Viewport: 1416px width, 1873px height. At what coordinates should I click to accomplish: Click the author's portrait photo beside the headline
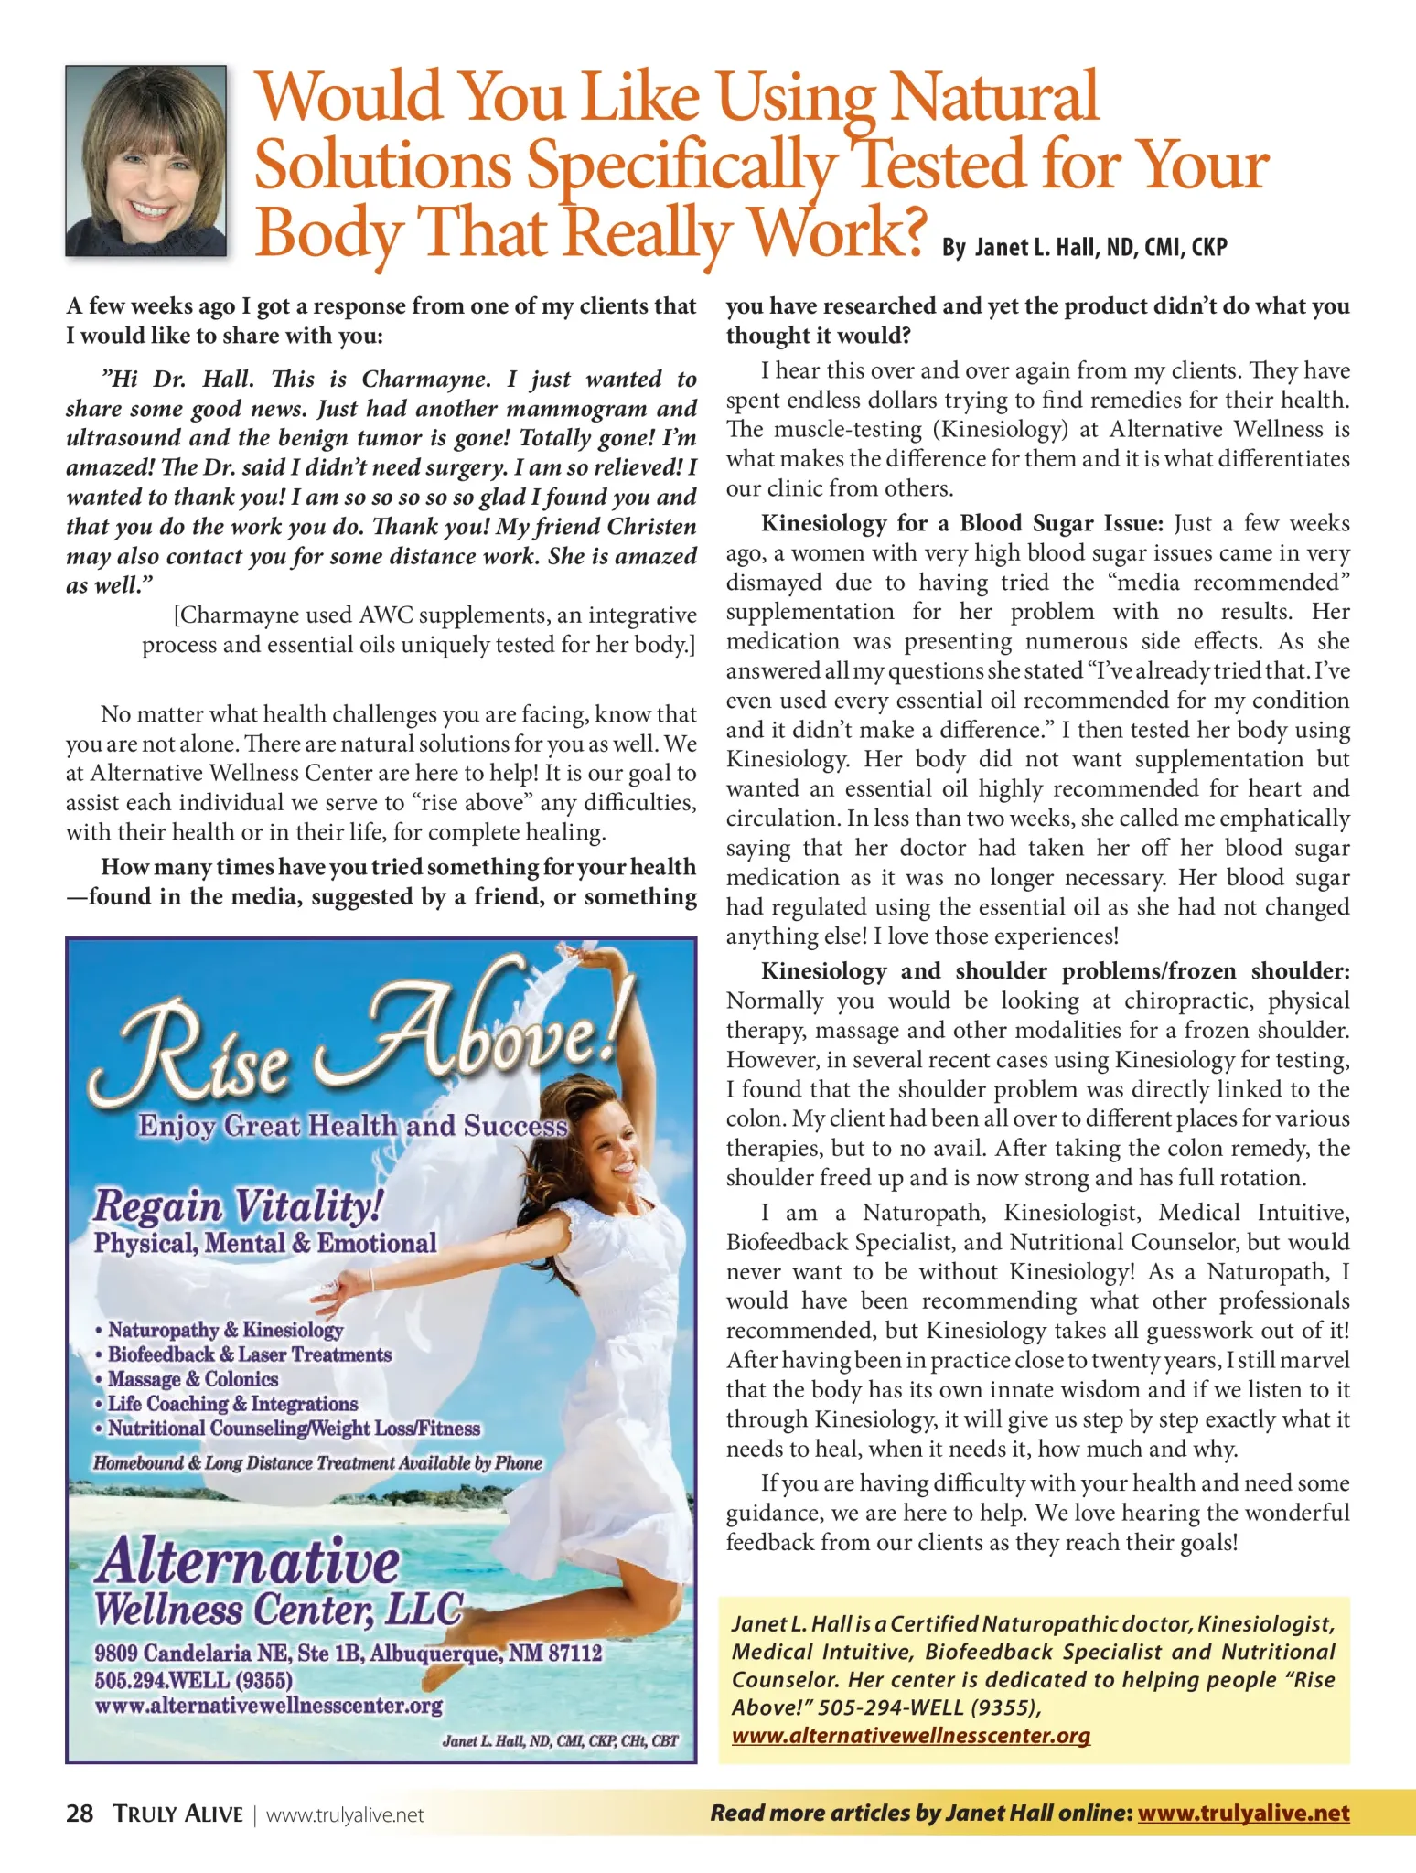click(x=145, y=161)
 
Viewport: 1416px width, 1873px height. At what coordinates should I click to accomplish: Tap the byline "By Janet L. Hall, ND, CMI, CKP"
click(x=1084, y=248)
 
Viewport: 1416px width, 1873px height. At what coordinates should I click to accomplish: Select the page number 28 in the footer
click(x=80, y=1814)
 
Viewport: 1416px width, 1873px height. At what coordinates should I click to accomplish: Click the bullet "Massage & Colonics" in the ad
click(x=192, y=1379)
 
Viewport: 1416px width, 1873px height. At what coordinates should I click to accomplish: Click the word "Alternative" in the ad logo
click(x=247, y=1561)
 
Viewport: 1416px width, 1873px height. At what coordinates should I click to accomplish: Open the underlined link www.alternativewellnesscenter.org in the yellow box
click(x=910, y=1736)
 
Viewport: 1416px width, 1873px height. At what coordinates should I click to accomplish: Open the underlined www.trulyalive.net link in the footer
click(x=1243, y=1814)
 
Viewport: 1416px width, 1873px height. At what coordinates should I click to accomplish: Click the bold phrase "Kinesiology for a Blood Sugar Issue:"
click(x=962, y=524)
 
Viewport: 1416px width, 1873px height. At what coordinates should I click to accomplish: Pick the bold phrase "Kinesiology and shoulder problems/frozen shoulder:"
click(x=1056, y=971)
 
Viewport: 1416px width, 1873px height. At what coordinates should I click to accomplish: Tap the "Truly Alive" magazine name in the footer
click(x=178, y=1814)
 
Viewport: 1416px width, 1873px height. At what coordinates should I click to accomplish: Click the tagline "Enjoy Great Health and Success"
click(x=353, y=1126)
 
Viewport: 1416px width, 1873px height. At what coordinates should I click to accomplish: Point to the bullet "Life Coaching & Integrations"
click(x=232, y=1404)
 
